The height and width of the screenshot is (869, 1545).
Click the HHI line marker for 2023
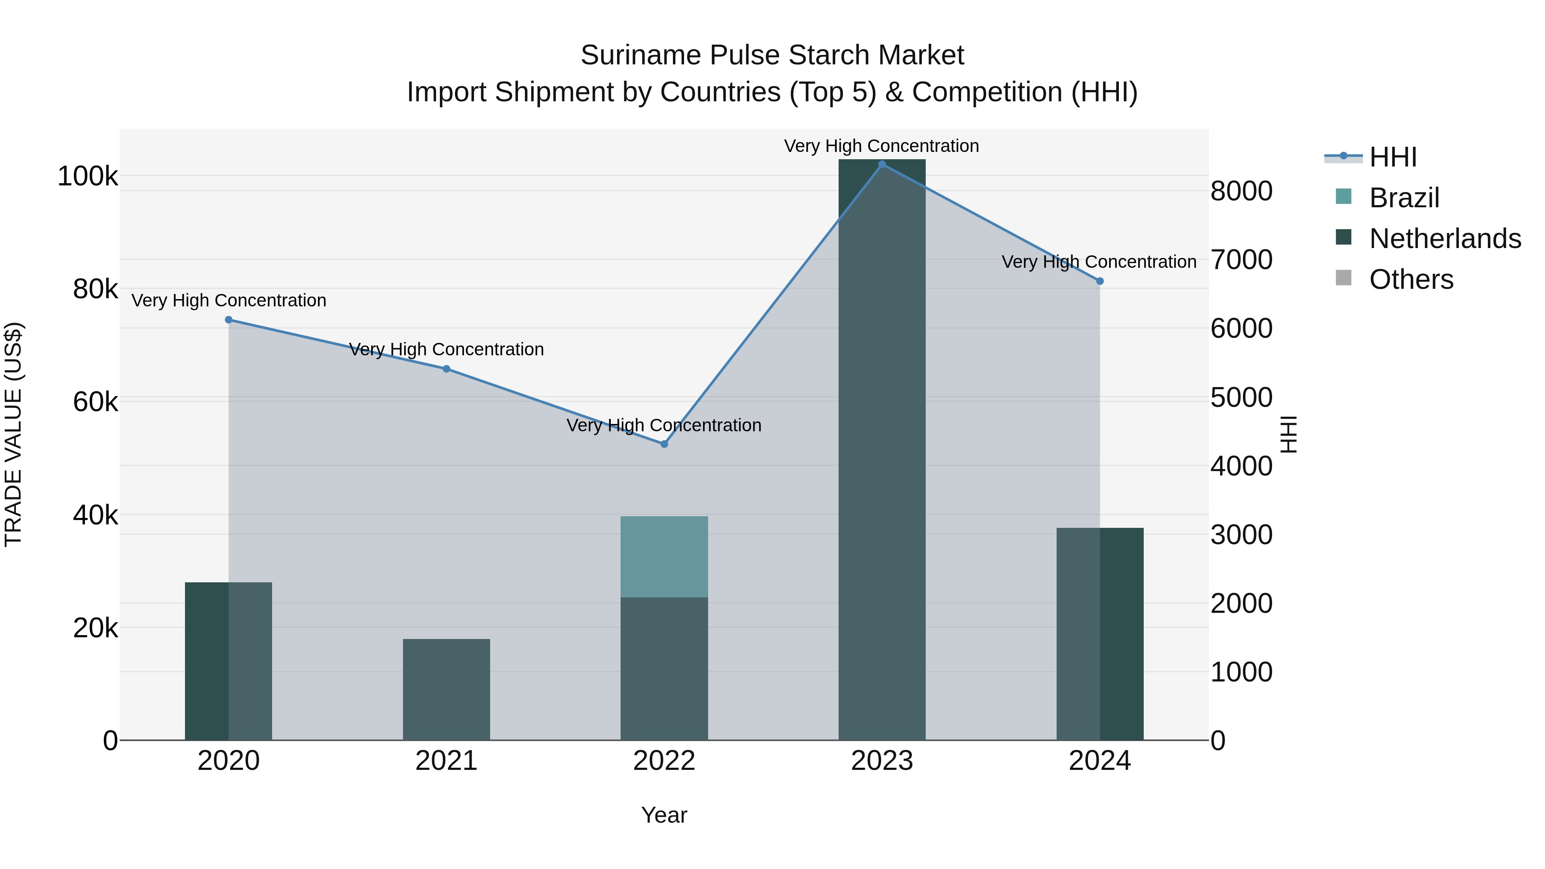coord(882,164)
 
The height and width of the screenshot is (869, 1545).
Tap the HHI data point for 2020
coord(228,320)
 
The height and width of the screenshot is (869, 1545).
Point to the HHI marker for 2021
coord(446,369)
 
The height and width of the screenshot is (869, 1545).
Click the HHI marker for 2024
coord(1100,281)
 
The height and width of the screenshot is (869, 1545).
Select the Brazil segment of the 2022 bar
coord(664,557)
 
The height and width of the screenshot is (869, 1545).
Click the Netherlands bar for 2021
coord(446,690)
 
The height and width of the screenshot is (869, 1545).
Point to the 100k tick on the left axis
coord(88,177)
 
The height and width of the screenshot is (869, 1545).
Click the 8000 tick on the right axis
coord(1241,191)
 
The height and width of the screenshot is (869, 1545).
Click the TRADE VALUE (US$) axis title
coord(13,434)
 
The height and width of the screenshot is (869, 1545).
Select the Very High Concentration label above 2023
coord(881,146)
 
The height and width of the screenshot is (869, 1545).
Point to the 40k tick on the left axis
coord(95,515)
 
